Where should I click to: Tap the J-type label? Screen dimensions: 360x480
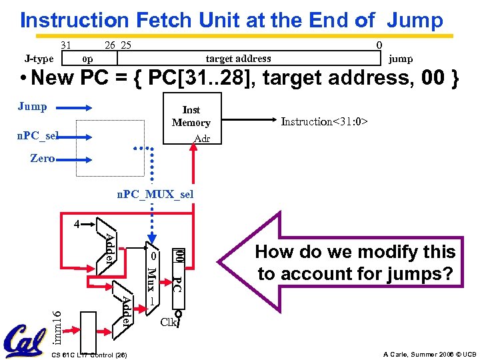(x=37, y=59)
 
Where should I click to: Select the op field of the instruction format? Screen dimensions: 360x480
(x=87, y=59)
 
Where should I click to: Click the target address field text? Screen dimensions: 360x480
(x=238, y=59)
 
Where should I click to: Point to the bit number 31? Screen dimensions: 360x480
(x=66, y=45)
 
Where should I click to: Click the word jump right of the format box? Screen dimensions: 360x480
(x=401, y=59)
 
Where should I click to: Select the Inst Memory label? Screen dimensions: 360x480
(x=191, y=116)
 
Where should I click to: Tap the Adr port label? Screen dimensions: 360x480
(x=201, y=139)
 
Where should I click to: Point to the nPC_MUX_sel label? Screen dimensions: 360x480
(x=155, y=194)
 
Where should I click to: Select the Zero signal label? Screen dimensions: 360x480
(x=42, y=159)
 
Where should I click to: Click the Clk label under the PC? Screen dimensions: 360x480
(x=169, y=322)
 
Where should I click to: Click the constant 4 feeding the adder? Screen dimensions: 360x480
(x=77, y=224)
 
